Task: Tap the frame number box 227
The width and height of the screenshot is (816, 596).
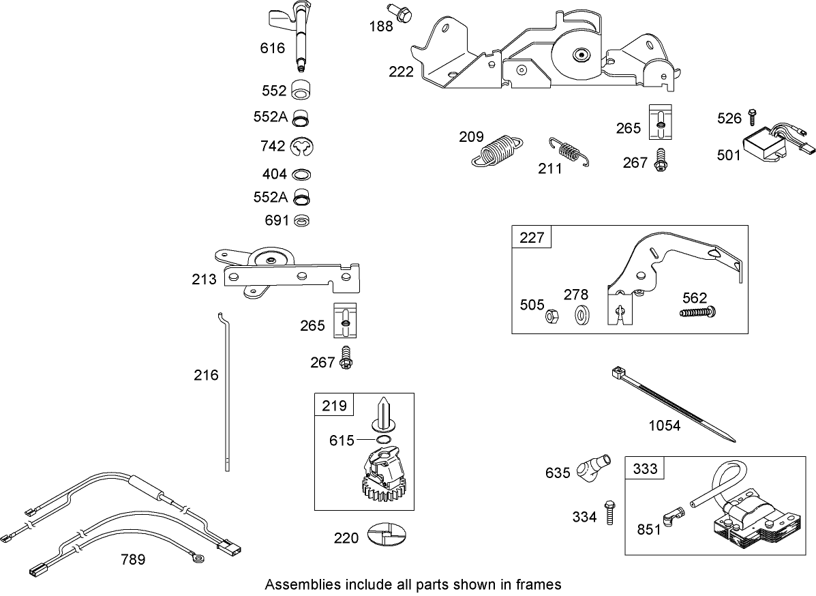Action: (x=532, y=237)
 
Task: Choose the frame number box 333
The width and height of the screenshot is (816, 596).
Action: (x=645, y=468)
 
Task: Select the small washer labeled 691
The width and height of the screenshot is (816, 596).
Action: (x=301, y=221)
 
